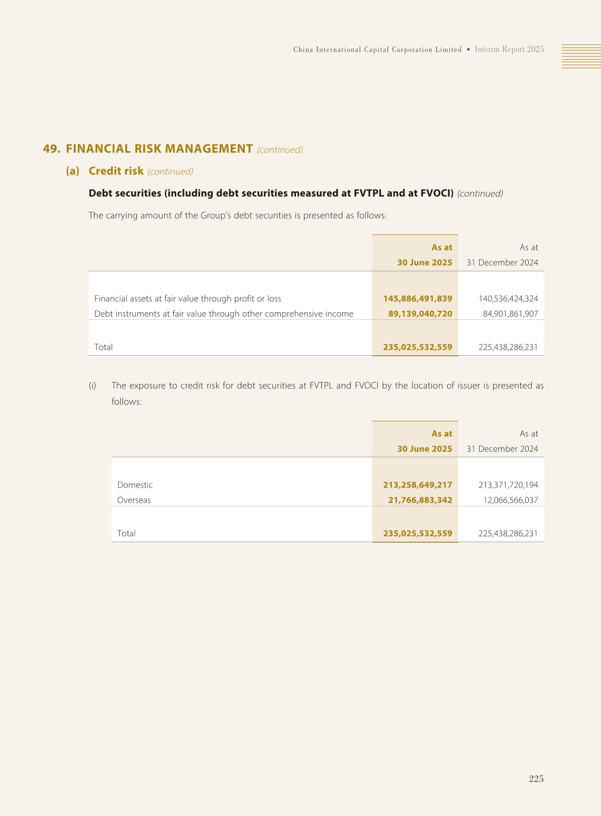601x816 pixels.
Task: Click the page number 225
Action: [x=536, y=779]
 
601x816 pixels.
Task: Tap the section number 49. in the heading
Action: [x=52, y=149]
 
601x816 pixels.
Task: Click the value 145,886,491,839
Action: [x=417, y=299]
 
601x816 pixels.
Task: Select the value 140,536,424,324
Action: [x=508, y=299]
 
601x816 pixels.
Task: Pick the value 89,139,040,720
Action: [x=420, y=314]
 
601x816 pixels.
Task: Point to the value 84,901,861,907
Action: [x=510, y=314]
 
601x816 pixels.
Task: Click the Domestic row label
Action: [x=135, y=485]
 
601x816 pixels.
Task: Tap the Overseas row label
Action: [x=134, y=500]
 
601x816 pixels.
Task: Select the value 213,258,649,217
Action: [x=417, y=485]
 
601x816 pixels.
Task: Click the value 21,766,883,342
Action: [x=420, y=500]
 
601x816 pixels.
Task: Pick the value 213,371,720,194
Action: [x=508, y=485]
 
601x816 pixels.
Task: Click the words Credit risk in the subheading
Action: [x=116, y=171]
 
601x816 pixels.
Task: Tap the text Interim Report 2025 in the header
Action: [x=509, y=50]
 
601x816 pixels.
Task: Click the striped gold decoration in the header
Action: [x=581, y=56]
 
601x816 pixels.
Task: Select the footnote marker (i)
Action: [x=92, y=386]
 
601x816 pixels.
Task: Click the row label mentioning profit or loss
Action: [x=187, y=299]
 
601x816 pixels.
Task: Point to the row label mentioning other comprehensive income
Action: [x=224, y=314]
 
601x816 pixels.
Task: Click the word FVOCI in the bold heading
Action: [x=436, y=193]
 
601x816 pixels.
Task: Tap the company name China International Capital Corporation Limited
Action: [x=377, y=50]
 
